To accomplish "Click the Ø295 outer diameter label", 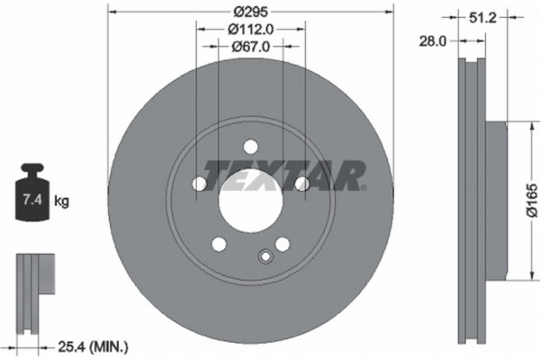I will [250, 13].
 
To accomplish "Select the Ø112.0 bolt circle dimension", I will [250, 30].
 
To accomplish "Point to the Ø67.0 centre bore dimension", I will [250, 47].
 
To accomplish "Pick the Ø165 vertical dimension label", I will [531, 202].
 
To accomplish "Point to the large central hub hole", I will [250, 204].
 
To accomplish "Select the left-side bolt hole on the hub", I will [199, 184].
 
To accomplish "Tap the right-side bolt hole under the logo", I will [302, 184].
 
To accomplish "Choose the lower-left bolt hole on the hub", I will [219, 244].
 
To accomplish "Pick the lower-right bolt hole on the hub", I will [283, 244].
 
